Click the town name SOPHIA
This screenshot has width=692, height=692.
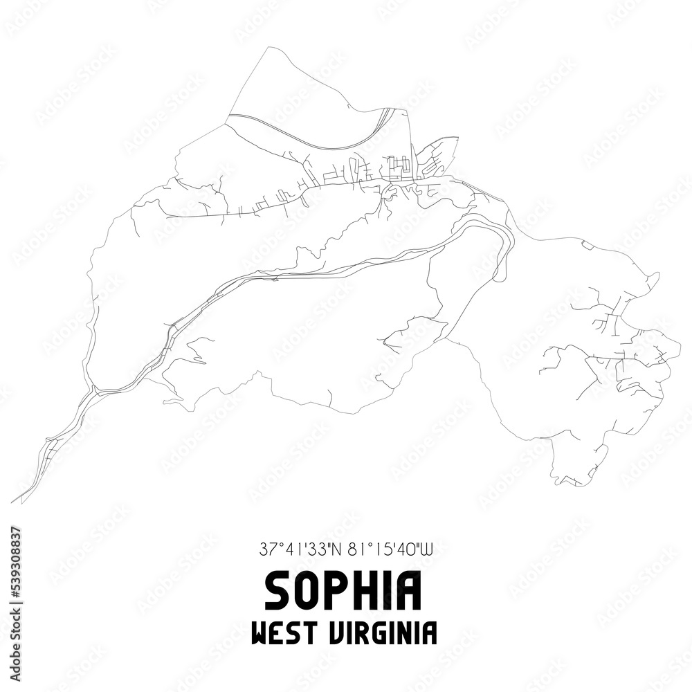[x=343, y=591]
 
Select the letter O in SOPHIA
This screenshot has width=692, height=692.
[x=310, y=591]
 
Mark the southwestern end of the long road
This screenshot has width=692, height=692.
[x=14, y=501]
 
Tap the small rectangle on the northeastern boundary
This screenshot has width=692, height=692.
[x=588, y=244]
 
